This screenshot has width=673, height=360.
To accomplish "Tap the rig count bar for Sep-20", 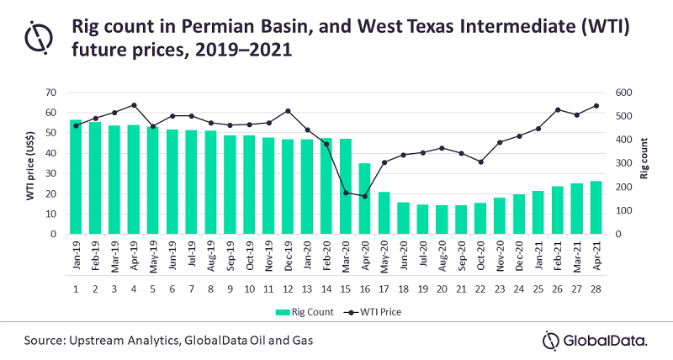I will tap(460, 220).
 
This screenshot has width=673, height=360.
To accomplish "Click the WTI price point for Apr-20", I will tap(364, 196).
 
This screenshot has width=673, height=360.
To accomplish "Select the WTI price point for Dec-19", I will tap(288, 111).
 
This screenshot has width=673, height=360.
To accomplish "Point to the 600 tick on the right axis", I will tap(618, 93).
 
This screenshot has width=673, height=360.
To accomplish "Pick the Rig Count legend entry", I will tap(298, 310).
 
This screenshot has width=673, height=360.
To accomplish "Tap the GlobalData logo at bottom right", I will tap(594, 340).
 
